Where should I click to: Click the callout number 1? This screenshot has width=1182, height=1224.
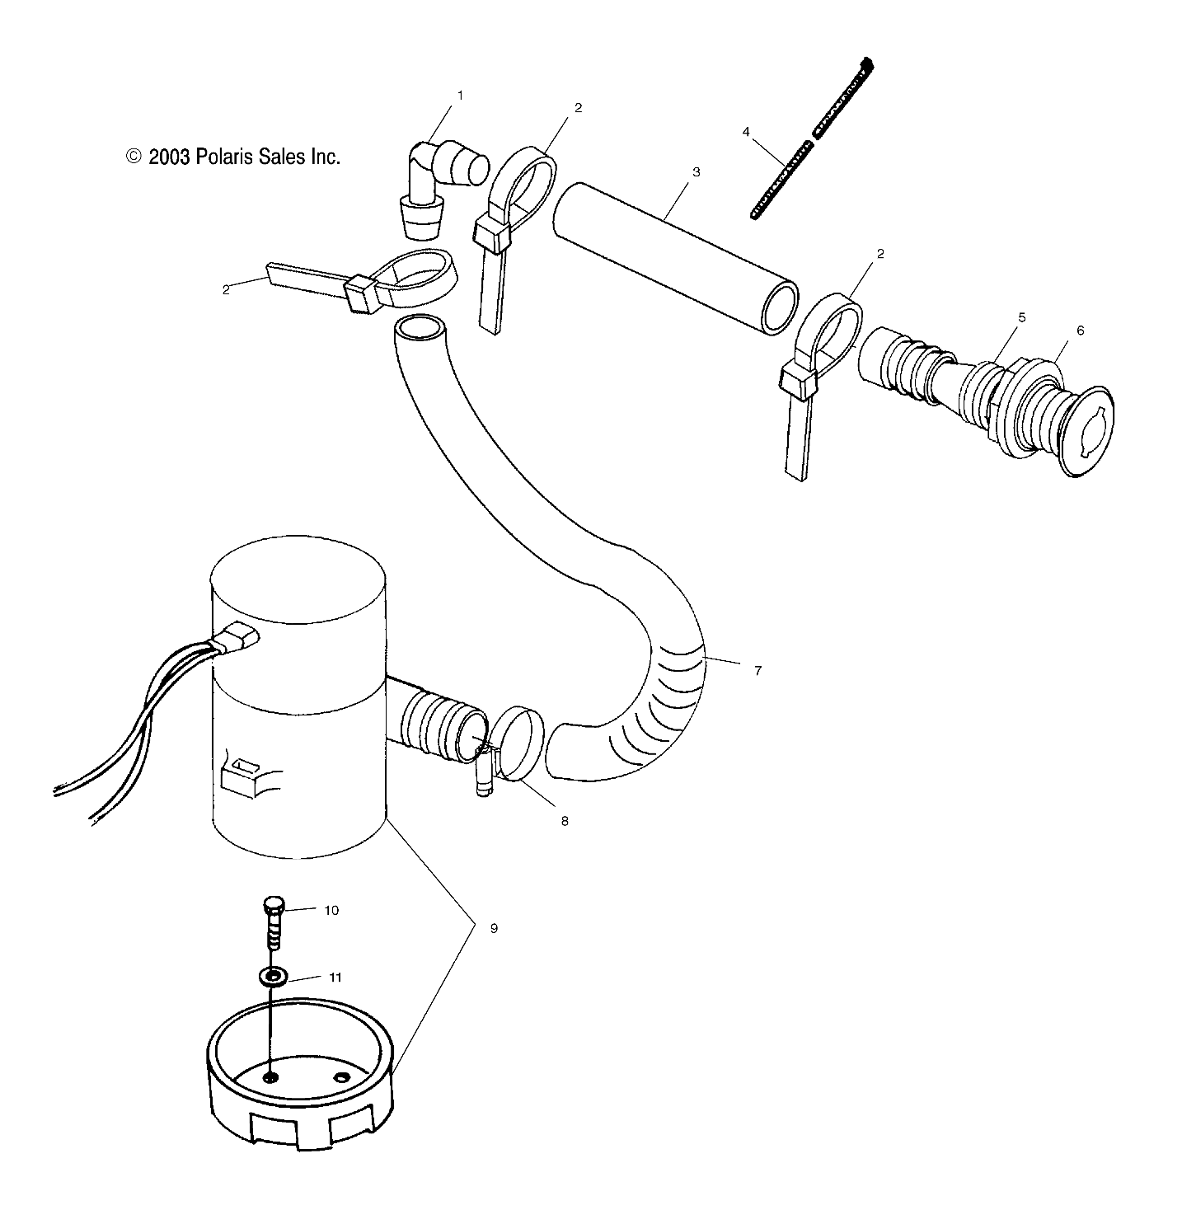[460, 96]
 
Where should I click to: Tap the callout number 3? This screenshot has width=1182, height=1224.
[696, 172]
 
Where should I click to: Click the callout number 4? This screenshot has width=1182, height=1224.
[747, 132]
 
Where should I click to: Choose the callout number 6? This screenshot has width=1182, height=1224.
[1080, 331]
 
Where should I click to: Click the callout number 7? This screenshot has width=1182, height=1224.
[757, 670]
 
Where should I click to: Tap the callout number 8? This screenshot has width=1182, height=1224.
[565, 821]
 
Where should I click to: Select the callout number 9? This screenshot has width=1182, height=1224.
[494, 928]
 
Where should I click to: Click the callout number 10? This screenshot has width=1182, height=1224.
[331, 911]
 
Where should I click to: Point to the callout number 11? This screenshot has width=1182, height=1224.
[335, 978]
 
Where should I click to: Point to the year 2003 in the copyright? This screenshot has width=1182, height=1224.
[170, 157]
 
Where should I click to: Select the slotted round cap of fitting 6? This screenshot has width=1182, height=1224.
[1088, 429]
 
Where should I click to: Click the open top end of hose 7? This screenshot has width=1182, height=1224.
[418, 328]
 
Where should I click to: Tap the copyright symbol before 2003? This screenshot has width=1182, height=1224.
[134, 157]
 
